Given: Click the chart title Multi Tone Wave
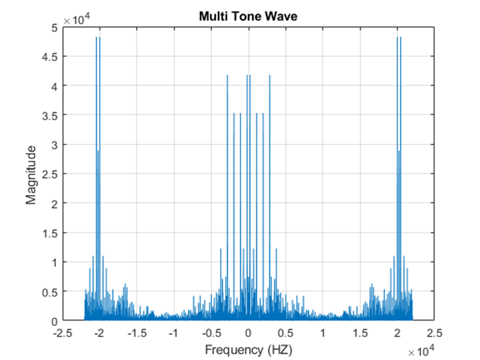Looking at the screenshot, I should coord(248,17).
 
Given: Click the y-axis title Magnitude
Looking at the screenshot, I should coord(31,174).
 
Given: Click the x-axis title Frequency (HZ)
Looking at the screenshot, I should coord(248,349).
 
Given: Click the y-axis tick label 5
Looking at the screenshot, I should coord(55,26).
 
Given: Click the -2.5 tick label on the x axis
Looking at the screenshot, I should coord(61,333).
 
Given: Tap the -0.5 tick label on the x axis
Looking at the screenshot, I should coord(211,333).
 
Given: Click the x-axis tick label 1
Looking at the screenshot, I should coord(323,333).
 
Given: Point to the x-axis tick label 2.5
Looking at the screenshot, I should coord(434,333).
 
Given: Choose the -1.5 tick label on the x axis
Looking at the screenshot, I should coord(136,333).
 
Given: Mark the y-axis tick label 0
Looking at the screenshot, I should coord(55,321).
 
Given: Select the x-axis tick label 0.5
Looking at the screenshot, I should coord(285,333).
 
